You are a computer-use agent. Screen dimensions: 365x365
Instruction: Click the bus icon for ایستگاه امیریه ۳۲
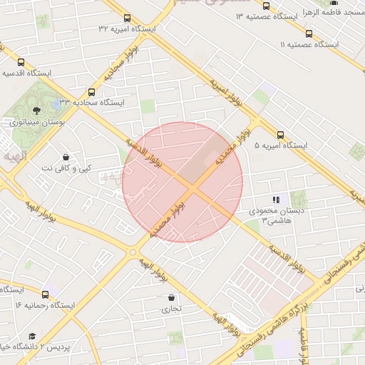[x=127, y=19]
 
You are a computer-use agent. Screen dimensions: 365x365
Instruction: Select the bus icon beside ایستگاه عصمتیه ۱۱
[x=309, y=33]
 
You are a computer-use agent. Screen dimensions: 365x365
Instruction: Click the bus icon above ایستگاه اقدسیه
[x=20, y=62]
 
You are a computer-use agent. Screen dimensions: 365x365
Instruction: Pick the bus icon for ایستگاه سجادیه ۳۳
[x=91, y=92]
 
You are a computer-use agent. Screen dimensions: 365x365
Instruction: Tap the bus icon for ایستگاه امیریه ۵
[x=279, y=133]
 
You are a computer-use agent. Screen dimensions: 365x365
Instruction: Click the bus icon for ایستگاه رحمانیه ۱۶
[x=46, y=294]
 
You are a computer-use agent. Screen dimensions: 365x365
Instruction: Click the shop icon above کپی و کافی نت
[x=66, y=157]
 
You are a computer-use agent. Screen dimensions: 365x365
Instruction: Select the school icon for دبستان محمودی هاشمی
[x=276, y=200]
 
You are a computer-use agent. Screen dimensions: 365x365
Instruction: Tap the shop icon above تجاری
[x=171, y=297]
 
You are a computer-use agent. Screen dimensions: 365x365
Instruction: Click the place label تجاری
[x=171, y=309]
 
